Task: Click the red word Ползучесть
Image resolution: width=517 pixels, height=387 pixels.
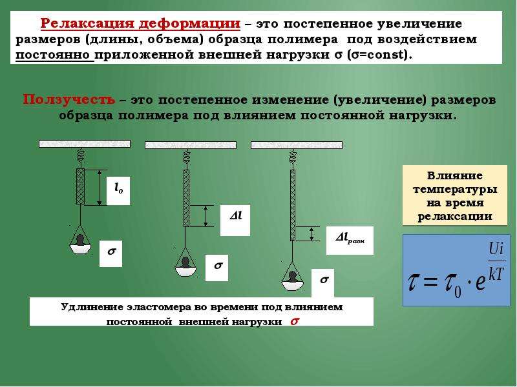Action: (x=69, y=99)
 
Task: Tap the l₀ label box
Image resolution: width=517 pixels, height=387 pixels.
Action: (x=118, y=191)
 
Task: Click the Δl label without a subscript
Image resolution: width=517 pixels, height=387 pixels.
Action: (x=235, y=221)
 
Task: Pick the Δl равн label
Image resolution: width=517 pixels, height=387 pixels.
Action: (x=350, y=240)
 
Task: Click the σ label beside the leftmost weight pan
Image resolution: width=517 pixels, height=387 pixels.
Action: (x=111, y=253)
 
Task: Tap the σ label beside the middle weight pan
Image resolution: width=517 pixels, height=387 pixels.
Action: (x=216, y=268)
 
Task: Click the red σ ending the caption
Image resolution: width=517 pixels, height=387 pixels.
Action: (x=295, y=321)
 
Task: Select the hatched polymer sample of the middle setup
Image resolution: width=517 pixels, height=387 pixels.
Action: (x=186, y=198)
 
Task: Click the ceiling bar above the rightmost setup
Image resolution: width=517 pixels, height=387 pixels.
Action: (x=297, y=144)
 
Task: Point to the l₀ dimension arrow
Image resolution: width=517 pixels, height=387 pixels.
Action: (x=100, y=188)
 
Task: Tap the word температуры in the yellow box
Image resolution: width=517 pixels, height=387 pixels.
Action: (x=455, y=189)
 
